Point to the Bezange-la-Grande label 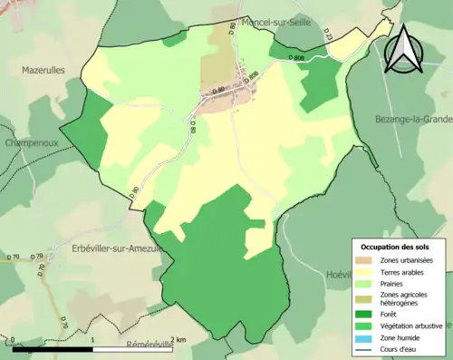point(413,119)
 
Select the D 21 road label point(328,38)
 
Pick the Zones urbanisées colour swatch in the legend point(367,260)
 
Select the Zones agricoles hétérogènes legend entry point(404,299)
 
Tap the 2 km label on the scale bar point(180,340)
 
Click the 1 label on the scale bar point(93,340)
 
